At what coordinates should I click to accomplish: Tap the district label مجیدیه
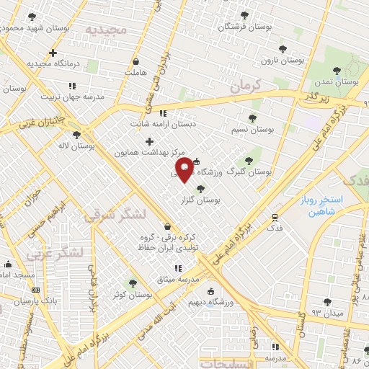(107, 29)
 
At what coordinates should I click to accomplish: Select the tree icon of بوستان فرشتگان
(244, 14)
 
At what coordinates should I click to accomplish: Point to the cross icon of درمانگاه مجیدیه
(53, 53)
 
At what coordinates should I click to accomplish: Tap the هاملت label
(135, 73)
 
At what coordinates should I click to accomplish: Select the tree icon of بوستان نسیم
(252, 117)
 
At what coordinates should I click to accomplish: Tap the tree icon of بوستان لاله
(76, 134)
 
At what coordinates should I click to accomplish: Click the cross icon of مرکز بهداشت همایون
(149, 141)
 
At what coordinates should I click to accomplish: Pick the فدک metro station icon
(275, 216)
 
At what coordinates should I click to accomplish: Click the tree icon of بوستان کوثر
(131, 283)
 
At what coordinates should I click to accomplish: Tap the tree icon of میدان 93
(328, 302)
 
